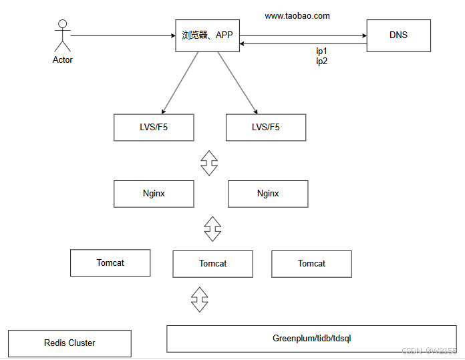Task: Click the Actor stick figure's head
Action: (x=63, y=24)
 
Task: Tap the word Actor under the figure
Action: (x=63, y=59)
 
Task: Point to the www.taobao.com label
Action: (x=297, y=16)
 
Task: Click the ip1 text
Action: (x=321, y=51)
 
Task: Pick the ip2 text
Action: (x=321, y=61)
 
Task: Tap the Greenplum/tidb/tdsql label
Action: (x=312, y=339)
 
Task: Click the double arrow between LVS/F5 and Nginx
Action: (x=209, y=163)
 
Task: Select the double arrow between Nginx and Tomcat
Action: (x=212, y=229)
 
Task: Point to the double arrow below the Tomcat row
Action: (x=200, y=299)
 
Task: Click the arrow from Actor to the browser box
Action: (x=123, y=35)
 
